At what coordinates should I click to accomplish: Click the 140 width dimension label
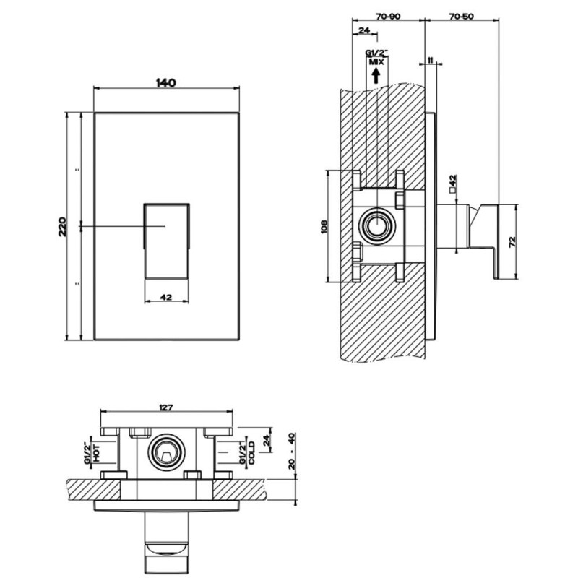click(166, 82)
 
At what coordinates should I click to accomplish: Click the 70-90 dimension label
click(388, 15)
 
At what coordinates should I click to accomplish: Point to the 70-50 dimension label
click(460, 15)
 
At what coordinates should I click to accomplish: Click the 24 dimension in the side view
click(363, 30)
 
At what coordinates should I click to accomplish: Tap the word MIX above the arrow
click(376, 63)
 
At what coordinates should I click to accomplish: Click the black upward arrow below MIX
click(376, 75)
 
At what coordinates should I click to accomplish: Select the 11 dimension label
click(431, 62)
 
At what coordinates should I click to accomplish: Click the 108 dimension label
click(323, 226)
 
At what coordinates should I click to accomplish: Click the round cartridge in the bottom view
click(166, 454)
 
